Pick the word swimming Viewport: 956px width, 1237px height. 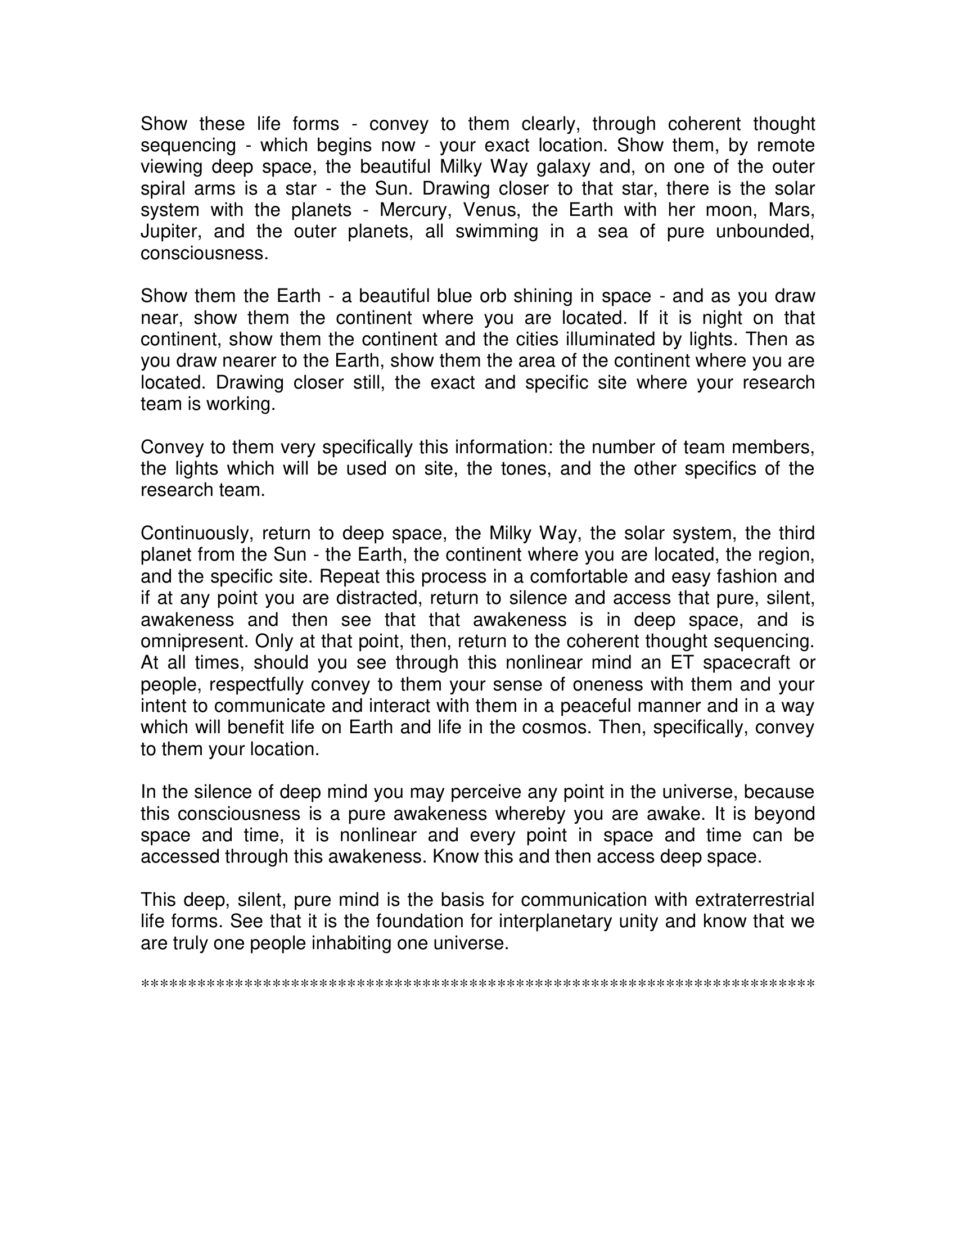[x=497, y=232]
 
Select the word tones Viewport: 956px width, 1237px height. [x=526, y=468]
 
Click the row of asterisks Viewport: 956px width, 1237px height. [x=477, y=984]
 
